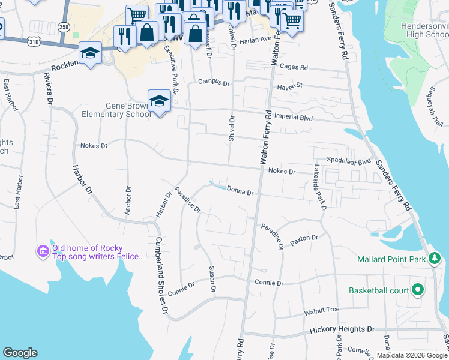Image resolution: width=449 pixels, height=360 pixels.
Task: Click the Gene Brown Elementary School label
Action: click(128, 110)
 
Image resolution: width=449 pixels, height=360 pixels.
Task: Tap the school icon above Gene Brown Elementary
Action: click(159, 101)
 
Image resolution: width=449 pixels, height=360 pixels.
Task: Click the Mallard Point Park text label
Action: click(391, 259)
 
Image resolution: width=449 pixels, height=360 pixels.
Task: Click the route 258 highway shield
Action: click(64, 27)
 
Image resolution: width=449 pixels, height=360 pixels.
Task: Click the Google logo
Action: click(20, 353)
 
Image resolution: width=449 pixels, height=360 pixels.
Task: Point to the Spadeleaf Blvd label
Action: click(349, 161)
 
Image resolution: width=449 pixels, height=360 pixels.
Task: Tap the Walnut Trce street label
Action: click(322, 310)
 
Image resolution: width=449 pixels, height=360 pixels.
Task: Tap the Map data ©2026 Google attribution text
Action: click(412, 355)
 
